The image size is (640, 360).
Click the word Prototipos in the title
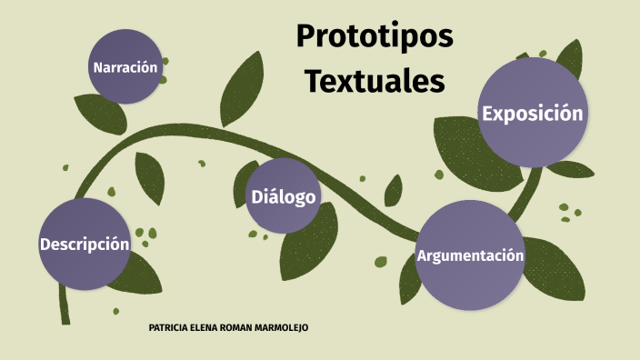pyautogui.click(x=375, y=38)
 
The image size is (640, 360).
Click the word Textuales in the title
pyautogui.click(x=375, y=81)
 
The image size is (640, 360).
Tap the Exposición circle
pyautogui.click(x=532, y=113)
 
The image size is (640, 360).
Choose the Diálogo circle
pyautogui.click(x=284, y=195)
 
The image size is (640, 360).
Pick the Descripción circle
pyautogui.click(x=85, y=244)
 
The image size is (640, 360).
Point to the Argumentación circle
pyautogui.click(x=470, y=255)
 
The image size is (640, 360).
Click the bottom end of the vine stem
pyautogui.click(x=65, y=318)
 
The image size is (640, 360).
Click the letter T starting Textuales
pyautogui.click(x=314, y=81)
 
